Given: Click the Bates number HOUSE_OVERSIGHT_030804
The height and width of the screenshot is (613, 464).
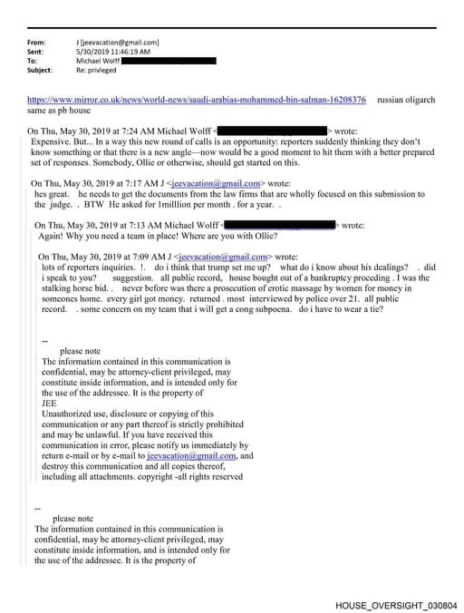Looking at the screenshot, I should (396, 603).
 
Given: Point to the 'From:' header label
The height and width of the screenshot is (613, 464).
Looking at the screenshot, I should (36, 43).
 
